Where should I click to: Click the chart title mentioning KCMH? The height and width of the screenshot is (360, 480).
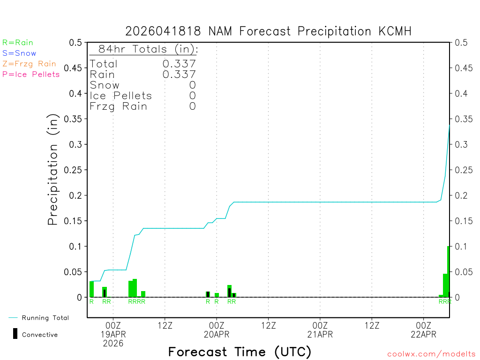pyautogui.click(x=268, y=31)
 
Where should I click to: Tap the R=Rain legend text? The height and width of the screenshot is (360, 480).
pyautogui.click(x=18, y=43)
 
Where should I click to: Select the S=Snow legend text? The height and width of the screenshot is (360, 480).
pyautogui.click(x=19, y=53)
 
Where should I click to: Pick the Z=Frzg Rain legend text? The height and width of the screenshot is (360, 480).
pyautogui.click(x=29, y=64)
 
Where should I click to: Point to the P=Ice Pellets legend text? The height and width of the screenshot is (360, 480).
pyautogui.click(x=31, y=74)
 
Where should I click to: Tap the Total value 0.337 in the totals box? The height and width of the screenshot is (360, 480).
pyautogui.click(x=179, y=64)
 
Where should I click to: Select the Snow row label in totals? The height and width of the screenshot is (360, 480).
pyautogui.click(x=105, y=85)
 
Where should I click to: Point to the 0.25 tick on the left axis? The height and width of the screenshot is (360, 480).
pyautogui.click(x=75, y=170)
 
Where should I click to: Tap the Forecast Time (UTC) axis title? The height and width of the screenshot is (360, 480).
pyautogui.click(x=240, y=352)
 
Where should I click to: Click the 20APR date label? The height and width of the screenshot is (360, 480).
pyautogui.click(x=217, y=334)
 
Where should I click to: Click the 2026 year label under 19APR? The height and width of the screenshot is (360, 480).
pyautogui.click(x=113, y=344)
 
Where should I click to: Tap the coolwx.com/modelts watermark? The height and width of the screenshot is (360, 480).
pyautogui.click(x=431, y=354)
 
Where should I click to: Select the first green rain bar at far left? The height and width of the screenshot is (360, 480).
pyautogui.click(x=92, y=289)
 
